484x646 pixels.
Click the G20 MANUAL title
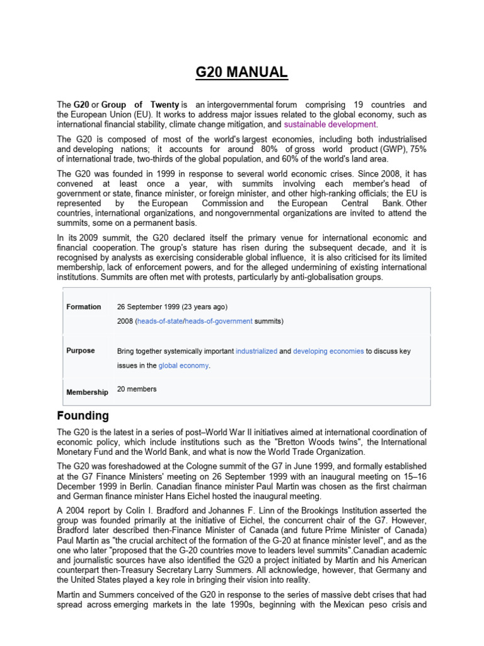coord(241,73)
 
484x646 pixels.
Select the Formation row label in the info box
coord(84,307)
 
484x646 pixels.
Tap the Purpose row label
coord(81,351)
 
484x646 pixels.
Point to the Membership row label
coord(87,392)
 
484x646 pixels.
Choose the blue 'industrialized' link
coord(256,351)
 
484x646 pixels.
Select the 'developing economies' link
coord(328,351)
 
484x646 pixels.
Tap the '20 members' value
coord(137,389)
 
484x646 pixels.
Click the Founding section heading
coord(83,416)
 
